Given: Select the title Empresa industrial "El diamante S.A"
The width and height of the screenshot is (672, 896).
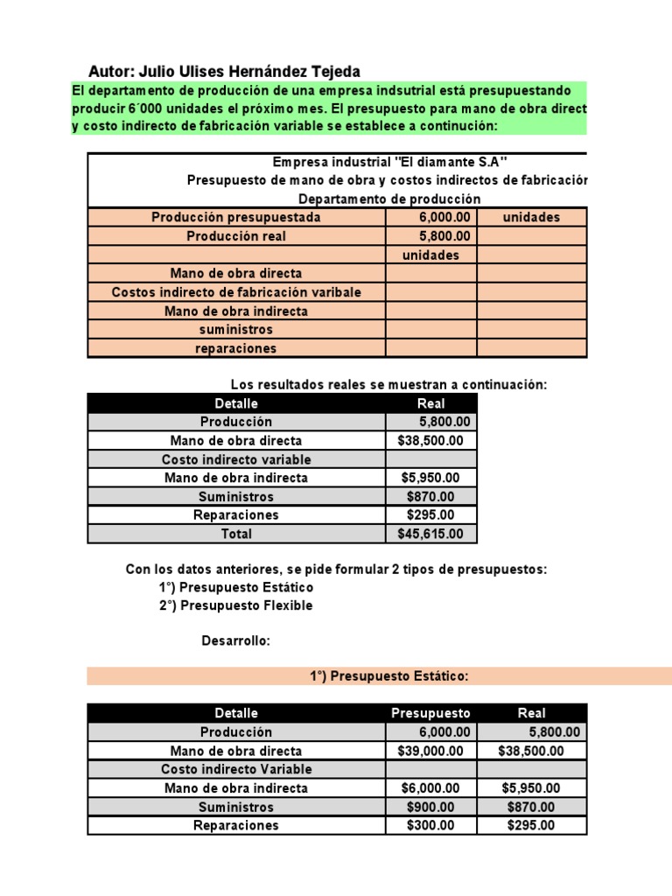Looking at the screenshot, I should (x=389, y=162).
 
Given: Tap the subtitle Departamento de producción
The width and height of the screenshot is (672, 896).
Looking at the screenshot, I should (x=389, y=199).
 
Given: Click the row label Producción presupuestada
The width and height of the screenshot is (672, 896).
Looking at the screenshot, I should (x=236, y=217).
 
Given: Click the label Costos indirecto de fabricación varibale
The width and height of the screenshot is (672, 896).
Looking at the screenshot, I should (x=236, y=292).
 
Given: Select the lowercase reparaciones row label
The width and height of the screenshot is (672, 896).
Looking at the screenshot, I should (x=236, y=348).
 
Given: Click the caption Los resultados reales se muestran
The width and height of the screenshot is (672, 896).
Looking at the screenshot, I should (x=388, y=385).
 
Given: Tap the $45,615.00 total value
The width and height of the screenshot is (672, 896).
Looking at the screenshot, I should (x=430, y=534).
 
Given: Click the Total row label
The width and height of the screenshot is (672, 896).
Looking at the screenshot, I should (x=236, y=534).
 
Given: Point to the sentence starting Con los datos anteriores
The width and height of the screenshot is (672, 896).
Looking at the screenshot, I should (x=336, y=570).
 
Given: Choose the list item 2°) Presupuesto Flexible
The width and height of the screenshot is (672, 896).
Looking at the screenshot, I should (x=235, y=605).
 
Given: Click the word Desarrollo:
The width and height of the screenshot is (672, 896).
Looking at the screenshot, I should (x=236, y=641).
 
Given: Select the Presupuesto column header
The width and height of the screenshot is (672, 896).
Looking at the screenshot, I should (x=430, y=713).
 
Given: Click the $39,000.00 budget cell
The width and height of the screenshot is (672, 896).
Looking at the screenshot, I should (x=430, y=751).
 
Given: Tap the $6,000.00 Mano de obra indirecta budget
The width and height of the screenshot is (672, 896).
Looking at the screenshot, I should (x=430, y=788).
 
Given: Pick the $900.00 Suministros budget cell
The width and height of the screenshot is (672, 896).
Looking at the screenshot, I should (x=430, y=807).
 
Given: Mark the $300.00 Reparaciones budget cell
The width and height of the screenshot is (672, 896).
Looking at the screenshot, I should (x=430, y=825).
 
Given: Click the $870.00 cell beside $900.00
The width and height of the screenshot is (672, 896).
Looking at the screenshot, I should (x=530, y=807).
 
